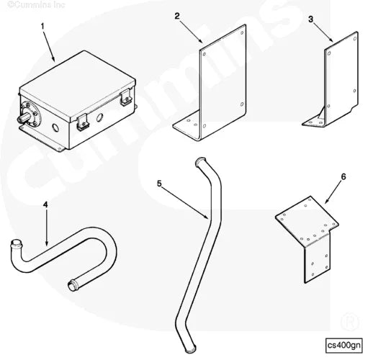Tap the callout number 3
click(311, 19)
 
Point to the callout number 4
click(45, 204)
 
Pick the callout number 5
click(159, 184)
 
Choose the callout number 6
click(343, 176)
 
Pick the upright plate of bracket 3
click(342, 76)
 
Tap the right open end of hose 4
click(73, 285)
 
